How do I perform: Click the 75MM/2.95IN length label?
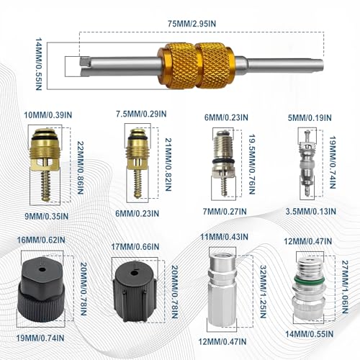coord(192,24)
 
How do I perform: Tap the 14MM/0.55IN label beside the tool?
coord(39,64)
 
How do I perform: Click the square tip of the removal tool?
coord(85,62)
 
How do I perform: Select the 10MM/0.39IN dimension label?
coord(48,115)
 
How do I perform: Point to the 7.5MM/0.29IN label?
coord(141,114)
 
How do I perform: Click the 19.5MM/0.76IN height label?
coord(252,164)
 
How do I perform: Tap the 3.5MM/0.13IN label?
coord(311,212)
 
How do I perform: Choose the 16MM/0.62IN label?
coord(41,240)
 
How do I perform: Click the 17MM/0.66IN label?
coord(135,246)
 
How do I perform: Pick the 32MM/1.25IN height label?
coord(264,292)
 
